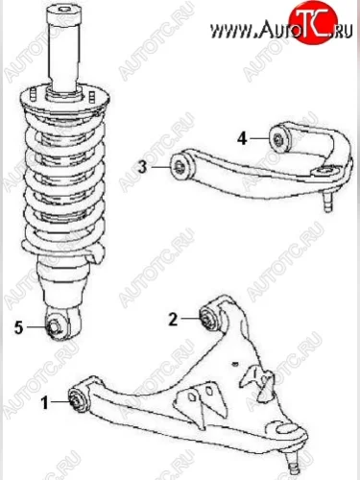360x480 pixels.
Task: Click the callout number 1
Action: coord(45,402)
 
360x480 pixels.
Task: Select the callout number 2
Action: coord(173,319)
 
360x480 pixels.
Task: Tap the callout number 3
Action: coord(142,167)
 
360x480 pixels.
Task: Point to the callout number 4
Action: coord(242,138)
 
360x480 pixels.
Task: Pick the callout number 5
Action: coord(19,327)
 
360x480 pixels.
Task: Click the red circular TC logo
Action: coord(313,22)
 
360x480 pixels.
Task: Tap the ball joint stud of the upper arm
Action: coord(327,201)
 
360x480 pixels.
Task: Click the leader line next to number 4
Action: coord(259,138)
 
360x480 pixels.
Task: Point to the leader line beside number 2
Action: coord(190,319)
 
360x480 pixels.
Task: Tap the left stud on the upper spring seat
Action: coord(34,94)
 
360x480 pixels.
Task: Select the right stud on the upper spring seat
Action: coord(92,96)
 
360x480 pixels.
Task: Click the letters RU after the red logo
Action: coord(345,31)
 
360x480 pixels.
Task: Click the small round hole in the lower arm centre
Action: coord(235,363)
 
